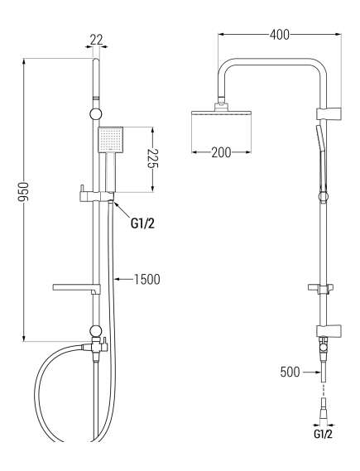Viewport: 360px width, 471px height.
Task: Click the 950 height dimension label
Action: (x=24, y=192)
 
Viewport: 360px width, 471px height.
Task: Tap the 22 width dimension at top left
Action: (x=96, y=40)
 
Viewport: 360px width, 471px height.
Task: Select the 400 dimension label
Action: (x=280, y=35)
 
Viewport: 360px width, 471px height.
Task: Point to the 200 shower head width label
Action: (x=221, y=152)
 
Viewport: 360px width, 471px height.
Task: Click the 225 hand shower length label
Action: (x=153, y=158)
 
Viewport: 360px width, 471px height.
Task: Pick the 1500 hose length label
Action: (x=146, y=279)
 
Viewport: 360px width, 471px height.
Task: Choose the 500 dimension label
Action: (x=290, y=372)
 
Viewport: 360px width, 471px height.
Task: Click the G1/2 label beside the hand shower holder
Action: (x=142, y=223)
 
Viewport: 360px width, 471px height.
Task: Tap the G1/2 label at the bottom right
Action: (x=323, y=434)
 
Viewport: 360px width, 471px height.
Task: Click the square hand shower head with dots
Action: (x=111, y=139)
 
